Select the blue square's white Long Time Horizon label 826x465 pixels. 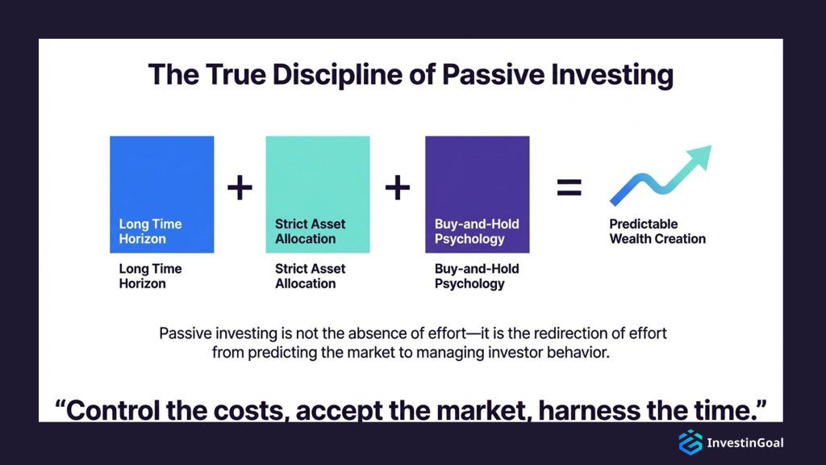point(151,232)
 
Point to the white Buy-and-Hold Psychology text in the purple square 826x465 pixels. point(477,232)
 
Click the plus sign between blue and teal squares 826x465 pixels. point(240,188)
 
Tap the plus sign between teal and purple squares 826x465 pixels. point(398,188)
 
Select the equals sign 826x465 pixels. point(569,188)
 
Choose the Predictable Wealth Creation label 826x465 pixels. point(657,232)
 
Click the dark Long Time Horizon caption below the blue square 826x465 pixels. point(151,276)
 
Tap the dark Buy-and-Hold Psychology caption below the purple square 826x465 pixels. point(477,276)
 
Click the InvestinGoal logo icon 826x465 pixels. point(690,442)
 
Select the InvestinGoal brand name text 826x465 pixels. point(745,442)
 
